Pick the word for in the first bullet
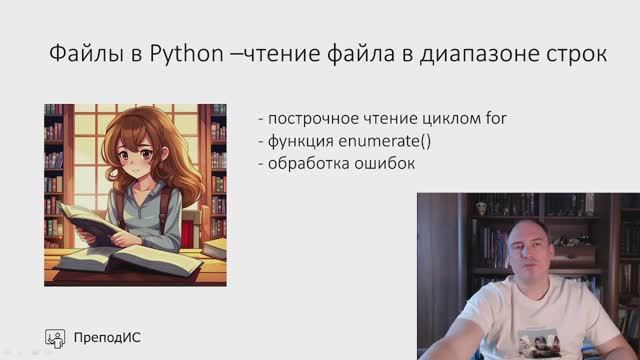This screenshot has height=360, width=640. [x=496, y=118]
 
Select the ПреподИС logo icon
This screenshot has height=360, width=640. [x=57, y=337]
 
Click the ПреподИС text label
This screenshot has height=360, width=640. [x=107, y=337]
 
